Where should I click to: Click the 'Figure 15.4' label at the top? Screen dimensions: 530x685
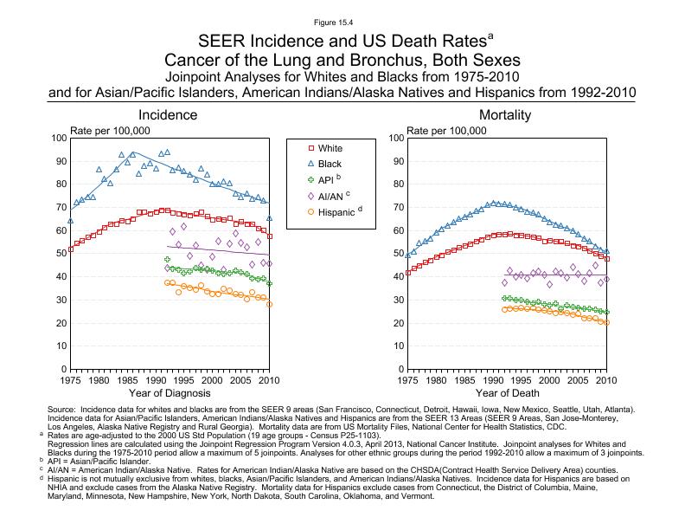[x=342, y=20]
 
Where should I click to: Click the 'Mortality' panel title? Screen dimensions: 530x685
[x=505, y=115]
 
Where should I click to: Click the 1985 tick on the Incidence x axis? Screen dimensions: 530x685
[x=127, y=381]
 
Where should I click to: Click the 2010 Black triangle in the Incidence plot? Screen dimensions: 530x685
[x=269, y=218]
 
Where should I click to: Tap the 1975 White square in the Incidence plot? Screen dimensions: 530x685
[x=70, y=249]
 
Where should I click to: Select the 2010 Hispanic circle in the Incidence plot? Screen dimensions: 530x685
[x=269, y=304]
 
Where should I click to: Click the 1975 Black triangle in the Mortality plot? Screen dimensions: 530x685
[x=407, y=255]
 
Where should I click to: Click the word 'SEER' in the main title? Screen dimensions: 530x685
[x=221, y=42]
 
